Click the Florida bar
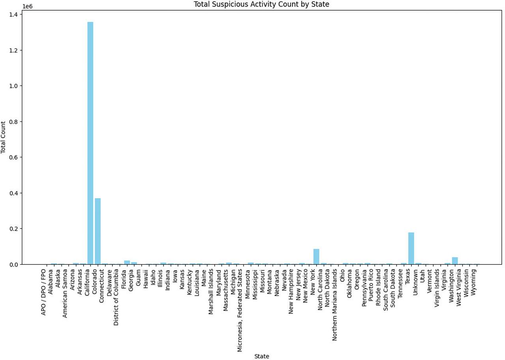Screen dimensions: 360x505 click(x=127, y=262)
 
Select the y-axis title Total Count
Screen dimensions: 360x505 click(x=4, y=137)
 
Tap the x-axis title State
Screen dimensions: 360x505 click(x=262, y=356)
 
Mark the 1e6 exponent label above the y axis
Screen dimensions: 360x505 click(x=28, y=7)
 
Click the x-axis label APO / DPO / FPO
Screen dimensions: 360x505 click(x=44, y=292)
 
